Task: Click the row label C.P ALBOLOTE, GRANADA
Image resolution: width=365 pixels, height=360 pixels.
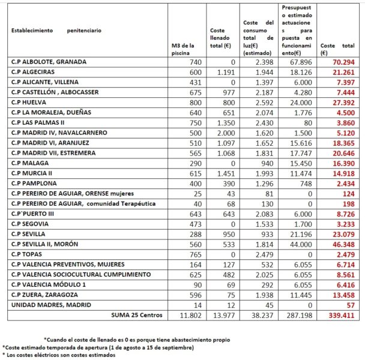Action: [x=48, y=62]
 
